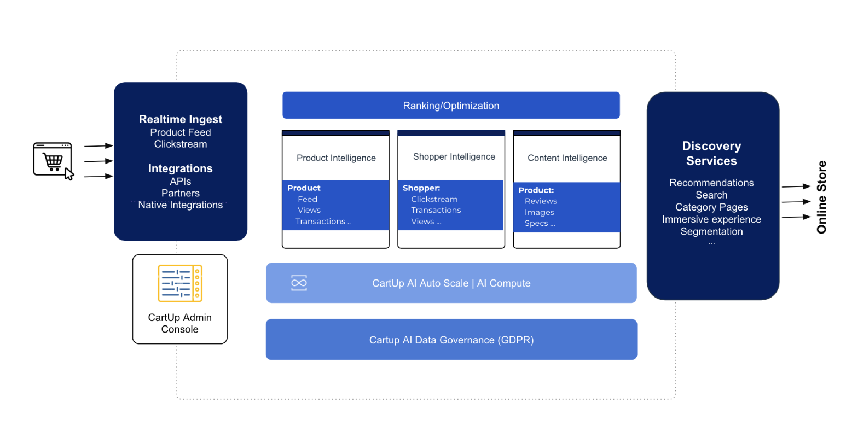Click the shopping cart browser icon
[x=53, y=161]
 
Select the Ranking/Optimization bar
[x=451, y=105]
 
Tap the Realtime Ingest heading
[x=181, y=119]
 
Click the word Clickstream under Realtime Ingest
[x=181, y=144]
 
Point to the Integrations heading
[x=181, y=168]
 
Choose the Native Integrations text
[x=181, y=205]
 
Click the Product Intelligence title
[x=336, y=158]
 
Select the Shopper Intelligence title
[x=454, y=156]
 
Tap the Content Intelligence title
[x=567, y=158]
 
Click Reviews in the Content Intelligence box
[x=541, y=201]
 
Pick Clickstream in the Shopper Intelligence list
[x=434, y=199]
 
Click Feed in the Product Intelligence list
[x=308, y=199]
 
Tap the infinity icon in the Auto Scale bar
[x=299, y=283]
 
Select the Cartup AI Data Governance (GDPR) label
[x=451, y=340]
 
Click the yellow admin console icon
[x=180, y=283]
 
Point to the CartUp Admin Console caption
[x=180, y=323]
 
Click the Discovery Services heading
[x=711, y=153]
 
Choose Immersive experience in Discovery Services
[x=711, y=219]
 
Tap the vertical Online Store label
[x=821, y=197]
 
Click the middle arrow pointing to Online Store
[x=796, y=202]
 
